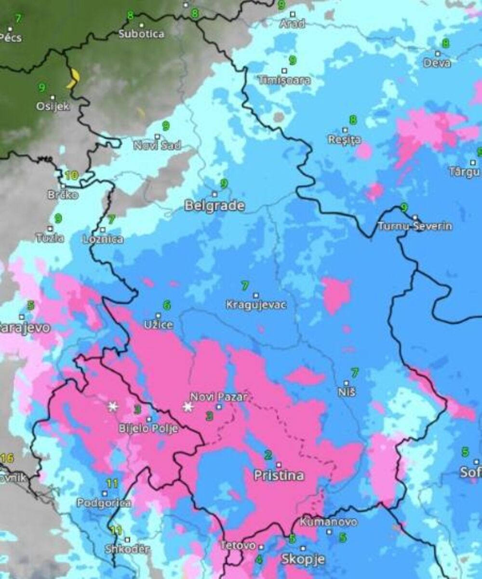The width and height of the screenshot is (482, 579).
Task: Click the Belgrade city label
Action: point(214,206)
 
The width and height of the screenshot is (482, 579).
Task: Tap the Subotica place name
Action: point(141,34)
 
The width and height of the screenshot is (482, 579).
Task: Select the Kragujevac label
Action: point(256,305)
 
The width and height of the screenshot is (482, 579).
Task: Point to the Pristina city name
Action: point(279,475)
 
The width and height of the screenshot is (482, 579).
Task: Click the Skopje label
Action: point(303,559)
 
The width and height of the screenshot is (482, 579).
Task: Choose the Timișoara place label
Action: point(284,80)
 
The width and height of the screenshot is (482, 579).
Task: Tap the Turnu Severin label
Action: point(415,226)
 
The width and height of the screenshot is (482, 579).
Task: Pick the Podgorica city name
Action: point(104,503)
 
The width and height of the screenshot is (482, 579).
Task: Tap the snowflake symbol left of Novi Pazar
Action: point(188,407)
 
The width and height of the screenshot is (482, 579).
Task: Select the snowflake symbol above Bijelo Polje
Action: point(113,406)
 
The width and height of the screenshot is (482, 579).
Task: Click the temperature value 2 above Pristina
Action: point(268,455)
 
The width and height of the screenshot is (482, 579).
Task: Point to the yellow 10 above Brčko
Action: point(71,175)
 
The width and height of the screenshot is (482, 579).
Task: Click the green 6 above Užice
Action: point(167,305)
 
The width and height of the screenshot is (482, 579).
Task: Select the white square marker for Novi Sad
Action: point(157,136)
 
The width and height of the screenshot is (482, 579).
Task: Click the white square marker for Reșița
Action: point(345,130)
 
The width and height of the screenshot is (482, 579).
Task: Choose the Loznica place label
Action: point(103,239)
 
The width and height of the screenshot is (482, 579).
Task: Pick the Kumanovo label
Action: point(329,522)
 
